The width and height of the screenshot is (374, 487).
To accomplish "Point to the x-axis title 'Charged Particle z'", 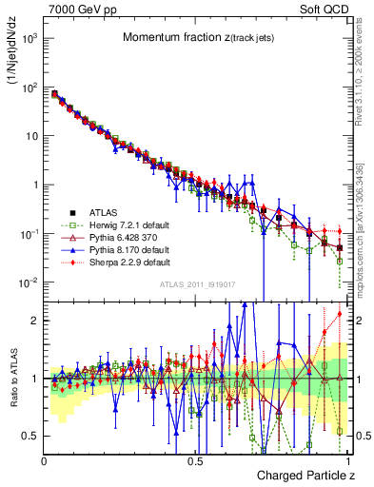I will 305,475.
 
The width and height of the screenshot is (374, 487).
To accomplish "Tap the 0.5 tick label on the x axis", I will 195,459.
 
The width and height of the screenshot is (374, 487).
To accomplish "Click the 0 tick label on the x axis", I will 45,459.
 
